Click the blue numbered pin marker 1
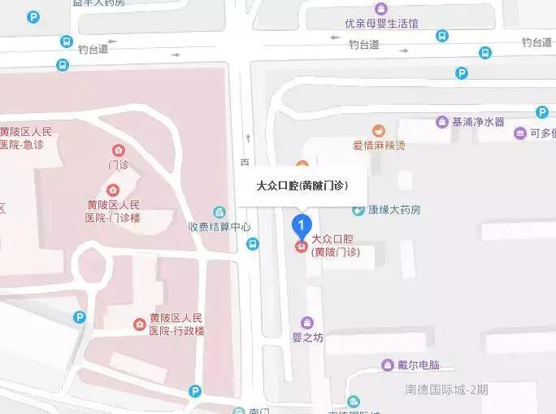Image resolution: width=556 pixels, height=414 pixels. (x=302, y=223)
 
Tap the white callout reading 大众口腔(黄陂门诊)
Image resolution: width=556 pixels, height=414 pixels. (x=302, y=186)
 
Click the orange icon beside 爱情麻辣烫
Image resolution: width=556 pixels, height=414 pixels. (x=378, y=130)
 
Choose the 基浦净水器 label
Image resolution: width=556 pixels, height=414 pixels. (x=477, y=122)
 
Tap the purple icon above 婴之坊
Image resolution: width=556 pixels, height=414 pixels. (x=306, y=322)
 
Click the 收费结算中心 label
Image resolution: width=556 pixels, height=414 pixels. (x=219, y=227)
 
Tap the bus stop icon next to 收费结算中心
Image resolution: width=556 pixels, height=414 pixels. (x=253, y=243)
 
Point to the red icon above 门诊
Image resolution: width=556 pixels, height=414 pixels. (x=119, y=150)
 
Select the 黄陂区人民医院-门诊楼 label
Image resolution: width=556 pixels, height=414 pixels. (x=113, y=211)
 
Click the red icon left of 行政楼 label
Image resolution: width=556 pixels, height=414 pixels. (x=140, y=325)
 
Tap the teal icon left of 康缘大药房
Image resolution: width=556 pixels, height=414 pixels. (x=358, y=210)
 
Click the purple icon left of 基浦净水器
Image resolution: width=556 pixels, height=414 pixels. (x=441, y=122)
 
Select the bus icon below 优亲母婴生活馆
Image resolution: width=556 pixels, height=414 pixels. (x=441, y=36)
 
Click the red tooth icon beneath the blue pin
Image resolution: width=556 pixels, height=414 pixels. (x=302, y=246)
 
